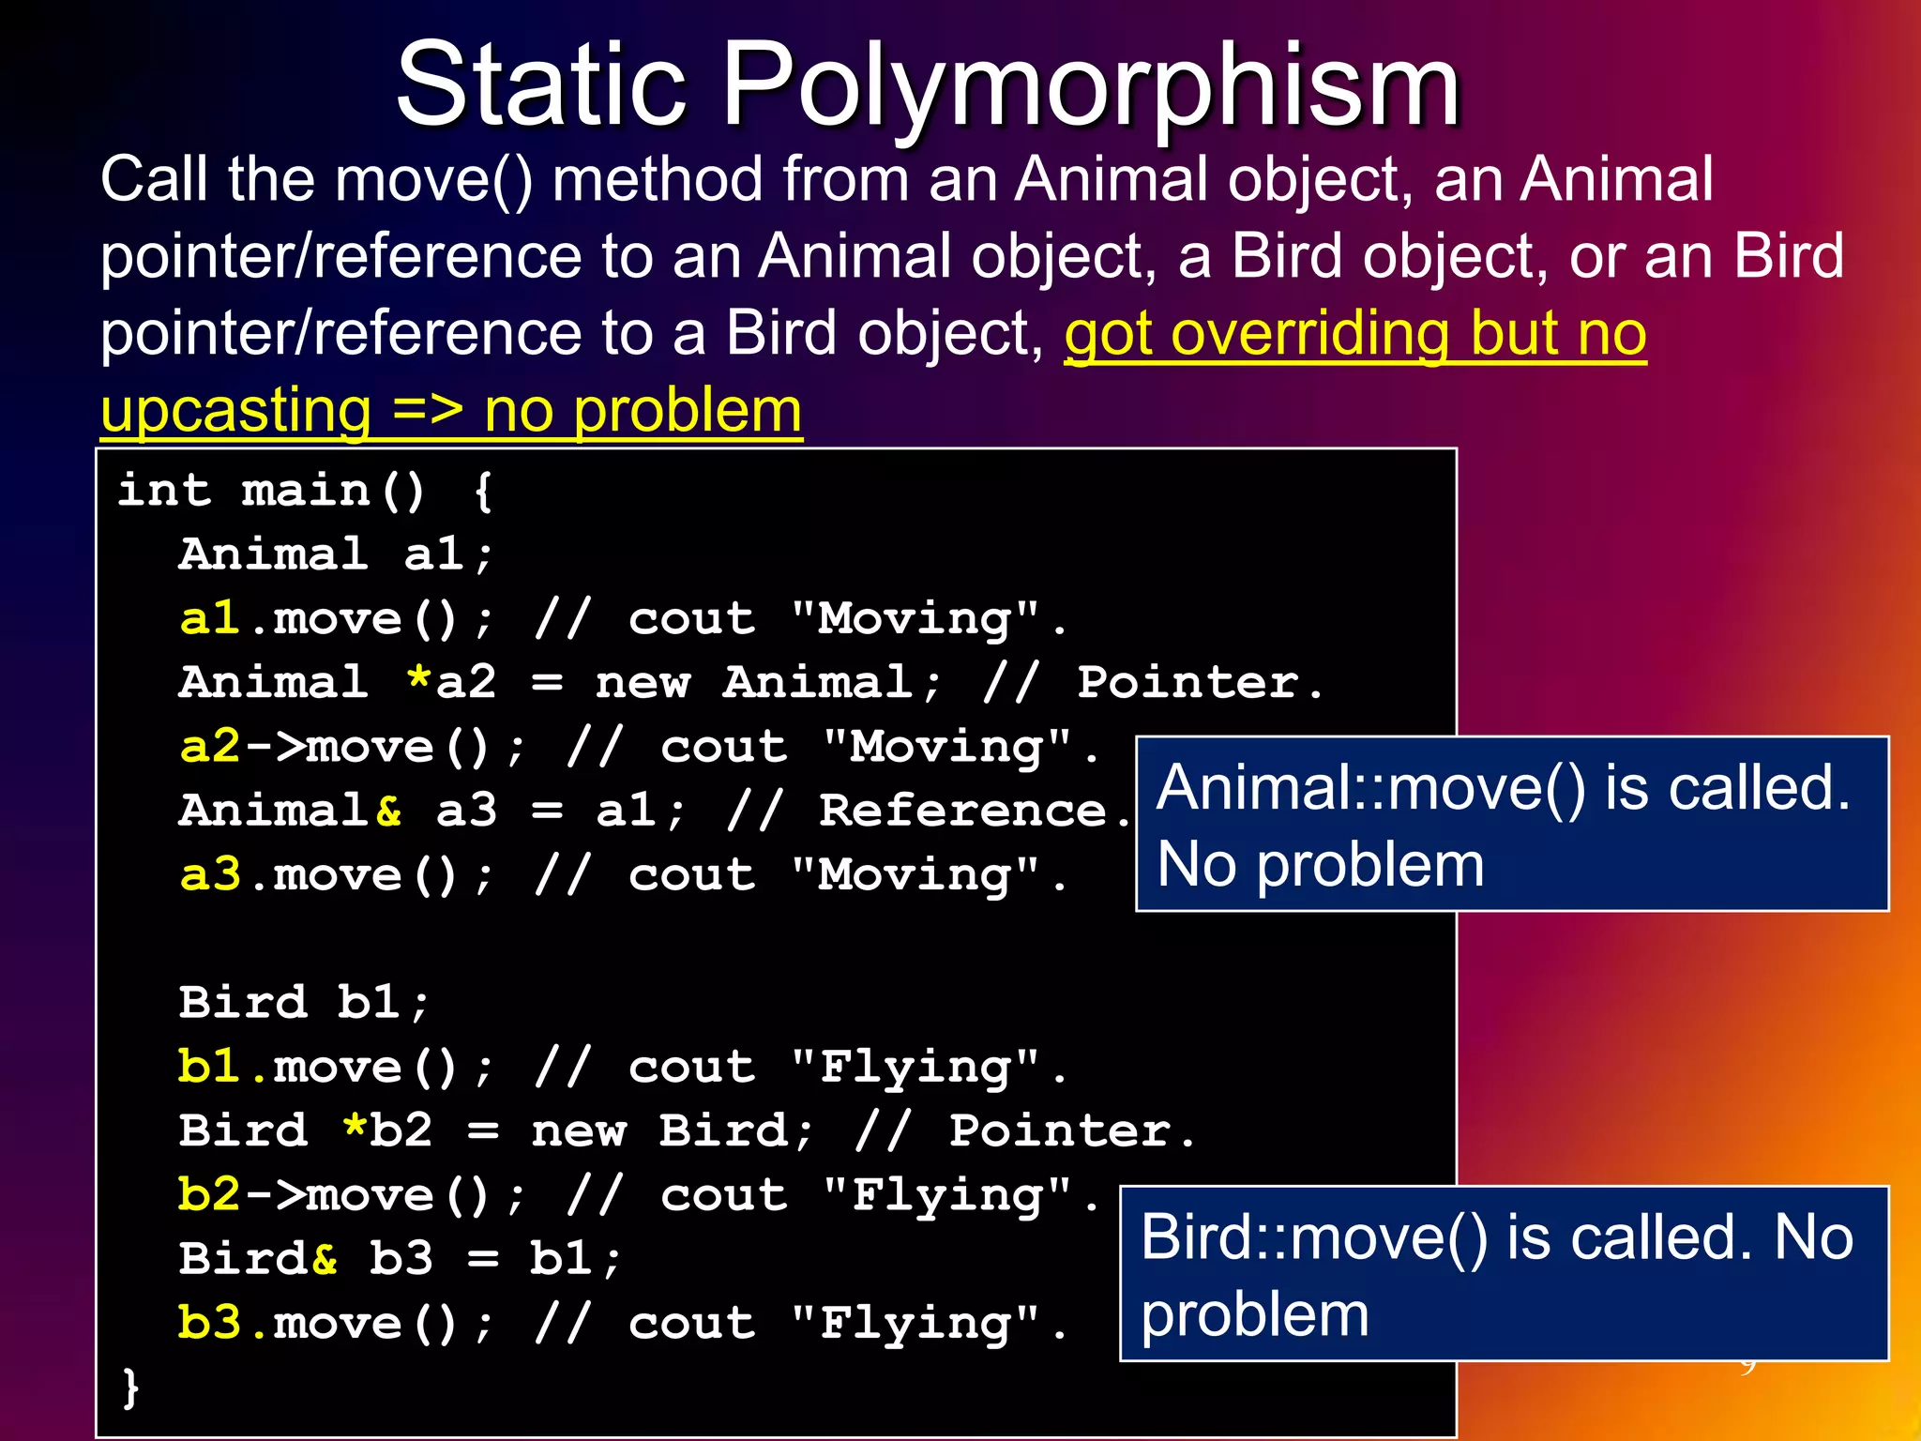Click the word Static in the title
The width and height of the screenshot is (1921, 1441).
(541, 86)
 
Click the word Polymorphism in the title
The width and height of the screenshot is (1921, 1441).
(1091, 86)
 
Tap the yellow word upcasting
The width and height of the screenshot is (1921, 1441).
(235, 411)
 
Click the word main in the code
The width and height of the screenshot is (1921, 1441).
(306, 491)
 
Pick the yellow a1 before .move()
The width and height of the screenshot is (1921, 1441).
(209, 619)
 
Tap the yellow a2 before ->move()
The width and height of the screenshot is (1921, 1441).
(209, 748)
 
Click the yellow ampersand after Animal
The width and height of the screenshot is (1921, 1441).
(388, 811)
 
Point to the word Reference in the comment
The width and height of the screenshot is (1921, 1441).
(962, 811)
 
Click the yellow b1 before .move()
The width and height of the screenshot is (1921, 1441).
(209, 1068)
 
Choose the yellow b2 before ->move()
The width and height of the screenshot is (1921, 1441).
(209, 1195)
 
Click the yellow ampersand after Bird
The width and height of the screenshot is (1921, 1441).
(325, 1259)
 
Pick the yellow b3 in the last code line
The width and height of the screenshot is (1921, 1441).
(209, 1324)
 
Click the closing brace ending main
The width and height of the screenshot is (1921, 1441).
(130, 1387)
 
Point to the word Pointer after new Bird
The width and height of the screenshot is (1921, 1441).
(1060, 1131)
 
